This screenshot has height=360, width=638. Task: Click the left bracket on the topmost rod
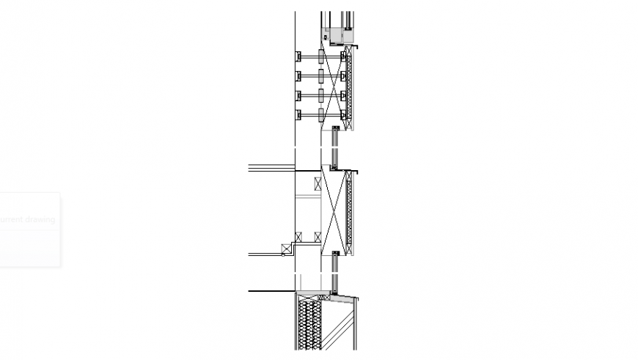pyautogui.click(x=299, y=56)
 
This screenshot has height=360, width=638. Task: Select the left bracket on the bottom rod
pyautogui.click(x=299, y=114)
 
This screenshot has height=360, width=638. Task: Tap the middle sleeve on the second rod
pyautogui.click(x=321, y=76)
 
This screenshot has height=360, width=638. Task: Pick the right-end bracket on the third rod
pyautogui.click(x=343, y=95)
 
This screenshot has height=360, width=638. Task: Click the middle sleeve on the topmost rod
pyautogui.click(x=321, y=56)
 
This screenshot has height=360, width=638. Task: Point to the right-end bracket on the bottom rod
pyautogui.click(x=343, y=114)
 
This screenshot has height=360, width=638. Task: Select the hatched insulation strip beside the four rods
pyautogui.click(x=349, y=87)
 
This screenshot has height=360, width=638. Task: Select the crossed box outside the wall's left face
pyautogui.click(x=285, y=249)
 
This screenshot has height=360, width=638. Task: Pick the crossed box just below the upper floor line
pyautogui.click(x=318, y=183)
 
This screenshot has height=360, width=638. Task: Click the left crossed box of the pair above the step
pyautogui.click(x=298, y=236)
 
